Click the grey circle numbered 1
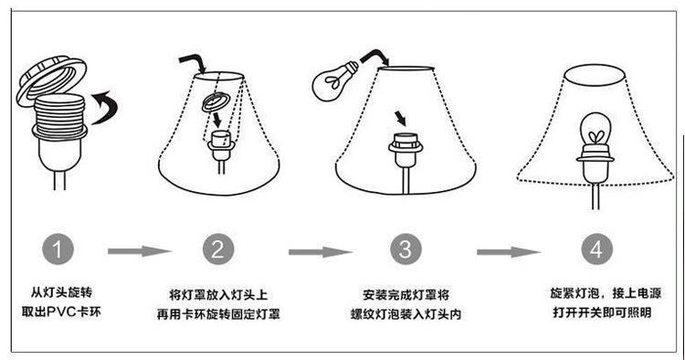[x=58, y=249]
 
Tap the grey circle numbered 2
[x=218, y=249]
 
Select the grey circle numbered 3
[x=406, y=249]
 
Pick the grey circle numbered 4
[x=596, y=249]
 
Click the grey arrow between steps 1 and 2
[x=139, y=251]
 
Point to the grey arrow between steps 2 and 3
[x=321, y=252]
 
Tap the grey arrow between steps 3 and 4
[x=509, y=252]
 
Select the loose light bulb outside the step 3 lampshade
[x=334, y=81]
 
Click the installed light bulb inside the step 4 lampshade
[x=595, y=129]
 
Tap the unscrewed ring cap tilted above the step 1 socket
[x=51, y=79]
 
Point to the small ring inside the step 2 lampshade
[x=215, y=103]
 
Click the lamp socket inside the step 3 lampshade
[x=406, y=150]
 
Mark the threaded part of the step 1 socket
[x=59, y=111]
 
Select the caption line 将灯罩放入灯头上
[x=218, y=294]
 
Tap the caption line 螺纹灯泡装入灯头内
[x=406, y=314]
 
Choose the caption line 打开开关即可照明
[x=602, y=312]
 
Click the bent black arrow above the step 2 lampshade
[x=193, y=63]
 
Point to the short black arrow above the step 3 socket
[x=401, y=118]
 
